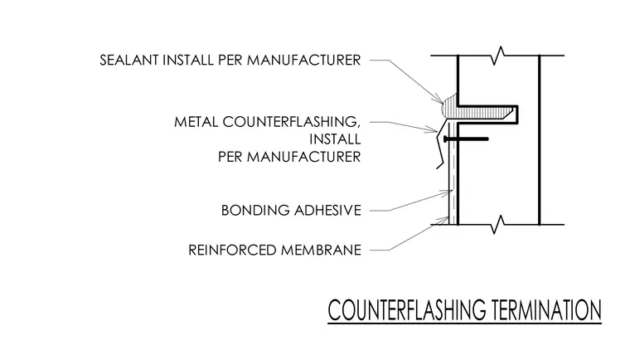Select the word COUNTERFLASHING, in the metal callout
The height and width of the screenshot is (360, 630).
click(x=289, y=122)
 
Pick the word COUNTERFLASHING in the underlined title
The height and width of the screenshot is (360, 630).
click(x=407, y=310)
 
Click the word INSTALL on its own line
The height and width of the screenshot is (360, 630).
click(x=335, y=139)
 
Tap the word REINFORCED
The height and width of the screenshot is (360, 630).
click(x=232, y=251)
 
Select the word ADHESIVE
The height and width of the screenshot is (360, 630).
click(x=327, y=211)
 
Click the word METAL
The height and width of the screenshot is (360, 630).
click(x=196, y=122)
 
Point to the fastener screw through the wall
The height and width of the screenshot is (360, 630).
click(x=466, y=139)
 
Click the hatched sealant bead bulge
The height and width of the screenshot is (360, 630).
click(x=448, y=105)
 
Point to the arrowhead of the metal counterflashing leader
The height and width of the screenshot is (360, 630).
click(x=434, y=130)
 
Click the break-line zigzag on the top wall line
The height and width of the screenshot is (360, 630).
click(x=499, y=56)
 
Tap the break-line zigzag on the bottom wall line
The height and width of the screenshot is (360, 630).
click(x=499, y=225)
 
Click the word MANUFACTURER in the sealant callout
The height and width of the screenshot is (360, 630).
click(x=303, y=61)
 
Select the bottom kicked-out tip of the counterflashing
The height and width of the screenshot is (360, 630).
click(x=438, y=168)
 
